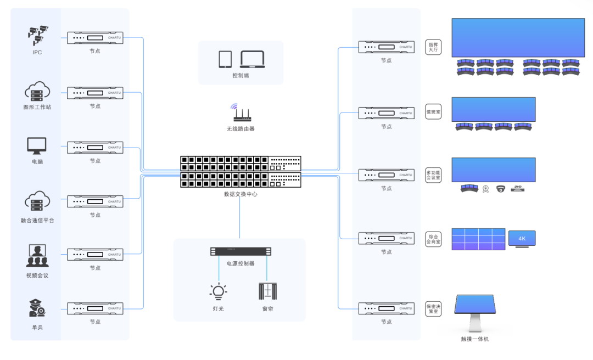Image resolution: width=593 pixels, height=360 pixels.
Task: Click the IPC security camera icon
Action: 37,35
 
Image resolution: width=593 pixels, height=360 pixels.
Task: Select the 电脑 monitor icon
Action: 37,145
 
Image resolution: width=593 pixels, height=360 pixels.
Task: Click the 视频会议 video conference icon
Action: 37,256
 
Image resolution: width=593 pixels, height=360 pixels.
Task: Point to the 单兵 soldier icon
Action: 37,308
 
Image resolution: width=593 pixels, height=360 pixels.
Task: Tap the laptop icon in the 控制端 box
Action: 253,59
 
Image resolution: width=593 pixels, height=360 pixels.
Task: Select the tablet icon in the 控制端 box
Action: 226,59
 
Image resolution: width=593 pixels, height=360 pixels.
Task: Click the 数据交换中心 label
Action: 240,194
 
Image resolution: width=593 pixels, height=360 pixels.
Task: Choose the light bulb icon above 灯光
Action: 219,291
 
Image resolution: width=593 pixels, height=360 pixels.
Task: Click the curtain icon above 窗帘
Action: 267,291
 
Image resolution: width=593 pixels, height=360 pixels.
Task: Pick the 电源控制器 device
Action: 240,251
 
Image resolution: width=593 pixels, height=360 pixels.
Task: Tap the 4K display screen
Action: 522,238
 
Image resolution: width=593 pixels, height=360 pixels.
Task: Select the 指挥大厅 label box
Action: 433,47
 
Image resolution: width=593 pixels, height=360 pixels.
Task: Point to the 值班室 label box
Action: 433,111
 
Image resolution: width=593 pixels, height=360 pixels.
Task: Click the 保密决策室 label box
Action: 433,309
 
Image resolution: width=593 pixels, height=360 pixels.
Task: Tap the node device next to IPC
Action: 95,38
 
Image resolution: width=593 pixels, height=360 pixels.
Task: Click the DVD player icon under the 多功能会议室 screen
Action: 517,189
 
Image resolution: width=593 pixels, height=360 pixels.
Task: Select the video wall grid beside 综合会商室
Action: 478,239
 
